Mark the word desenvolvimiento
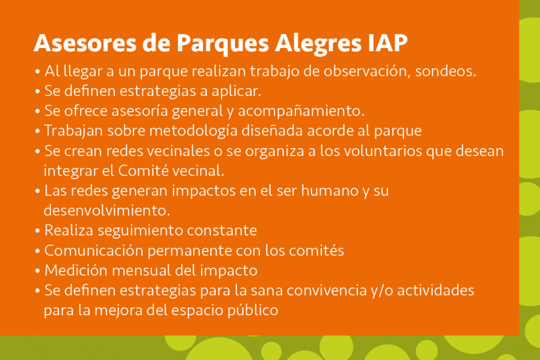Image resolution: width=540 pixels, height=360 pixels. (107, 210)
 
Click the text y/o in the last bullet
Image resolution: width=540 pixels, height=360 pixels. (351, 290)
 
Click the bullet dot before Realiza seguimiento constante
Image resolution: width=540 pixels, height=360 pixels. (37, 231)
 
